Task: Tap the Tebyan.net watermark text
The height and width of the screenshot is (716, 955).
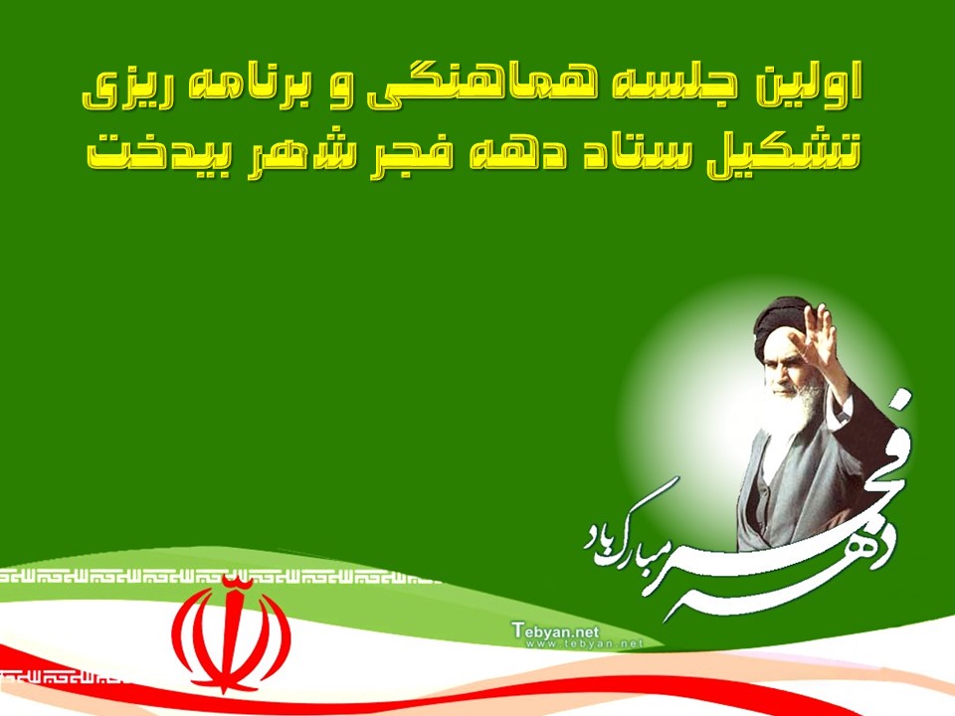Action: click(555, 630)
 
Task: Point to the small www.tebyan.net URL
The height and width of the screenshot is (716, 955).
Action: click(585, 643)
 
